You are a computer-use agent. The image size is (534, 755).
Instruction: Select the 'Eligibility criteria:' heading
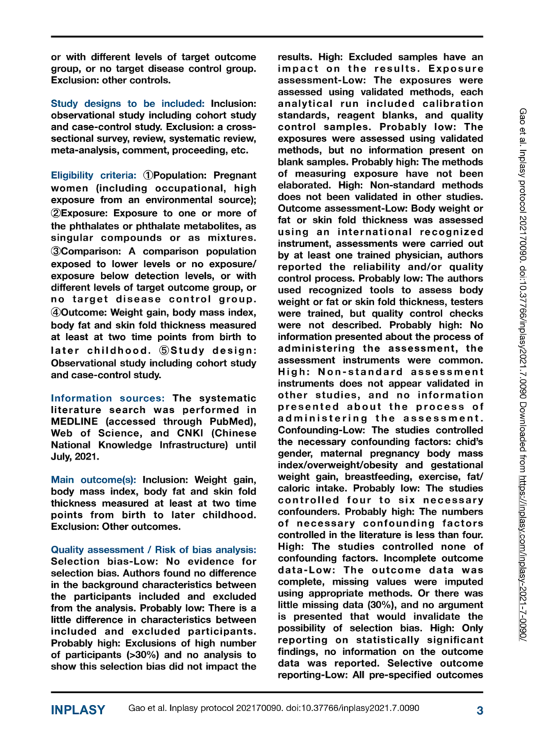point(95,175)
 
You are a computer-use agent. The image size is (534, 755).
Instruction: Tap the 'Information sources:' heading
point(108,398)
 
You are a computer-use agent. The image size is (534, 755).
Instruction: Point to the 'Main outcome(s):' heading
point(94,480)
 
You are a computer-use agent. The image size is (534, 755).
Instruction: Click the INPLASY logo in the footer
point(78,711)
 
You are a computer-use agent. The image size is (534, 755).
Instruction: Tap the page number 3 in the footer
point(480,711)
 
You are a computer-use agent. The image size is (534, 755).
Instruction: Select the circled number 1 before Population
point(149,175)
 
